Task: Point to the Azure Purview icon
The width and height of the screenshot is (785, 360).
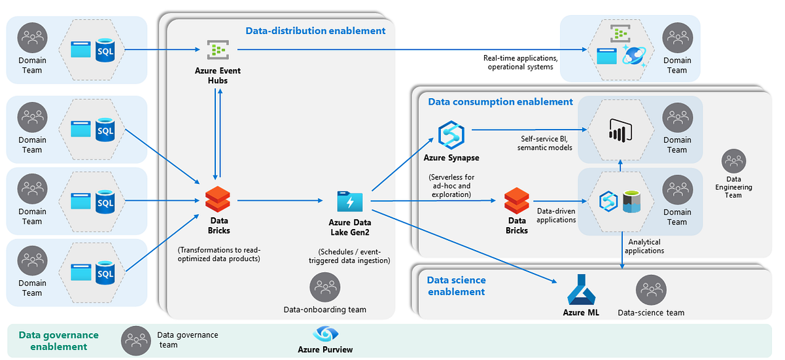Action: pyautogui.click(x=325, y=334)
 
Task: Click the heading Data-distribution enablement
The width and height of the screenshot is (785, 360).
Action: pyautogui.click(x=315, y=30)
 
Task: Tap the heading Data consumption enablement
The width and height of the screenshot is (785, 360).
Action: pyautogui.click(x=500, y=101)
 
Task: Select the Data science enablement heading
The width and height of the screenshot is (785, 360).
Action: pyautogui.click(x=457, y=285)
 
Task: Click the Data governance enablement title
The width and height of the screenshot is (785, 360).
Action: pyautogui.click(x=58, y=340)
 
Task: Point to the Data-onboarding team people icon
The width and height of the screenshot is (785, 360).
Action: pyautogui.click(x=324, y=287)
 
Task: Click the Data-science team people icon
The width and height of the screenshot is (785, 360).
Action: pyautogui.click(x=651, y=289)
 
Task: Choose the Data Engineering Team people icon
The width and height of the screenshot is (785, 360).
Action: pyautogui.click(x=733, y=161)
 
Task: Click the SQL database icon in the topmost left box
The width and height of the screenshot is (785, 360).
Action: pyautogui.click(x=105, y=50)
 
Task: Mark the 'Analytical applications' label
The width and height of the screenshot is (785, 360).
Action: pyautogui.click(x=646, y=246)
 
